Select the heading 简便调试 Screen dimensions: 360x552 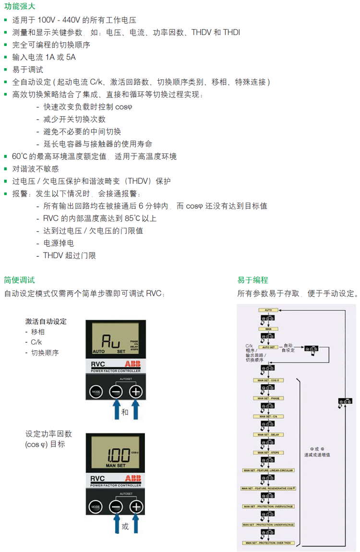[19, 280]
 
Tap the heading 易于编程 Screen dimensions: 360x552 [252, 280]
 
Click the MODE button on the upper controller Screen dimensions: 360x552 [96, 392]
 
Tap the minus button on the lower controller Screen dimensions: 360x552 [116, 507]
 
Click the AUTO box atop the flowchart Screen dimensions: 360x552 [268, 310]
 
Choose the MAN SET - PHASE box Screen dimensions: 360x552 [268, 398]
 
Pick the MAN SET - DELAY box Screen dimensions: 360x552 [268, 434]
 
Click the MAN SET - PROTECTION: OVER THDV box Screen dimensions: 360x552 [268, 543]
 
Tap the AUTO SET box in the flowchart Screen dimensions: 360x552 [268, 347]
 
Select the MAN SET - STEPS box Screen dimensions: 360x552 [268, 453]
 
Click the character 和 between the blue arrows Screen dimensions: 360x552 [125, 412]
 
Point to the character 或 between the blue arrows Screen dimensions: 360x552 [125, 527]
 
